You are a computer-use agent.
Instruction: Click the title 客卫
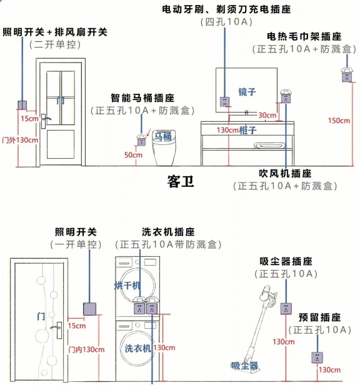[x=181, y=182]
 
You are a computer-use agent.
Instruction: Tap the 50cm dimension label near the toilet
[x=133, y=155]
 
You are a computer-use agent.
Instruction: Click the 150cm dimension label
[x=339, y=121]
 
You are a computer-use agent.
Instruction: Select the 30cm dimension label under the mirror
[x=267, y=115]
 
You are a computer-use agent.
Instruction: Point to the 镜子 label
[x=247, y=92]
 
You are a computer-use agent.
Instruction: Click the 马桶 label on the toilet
[x=162, y=136]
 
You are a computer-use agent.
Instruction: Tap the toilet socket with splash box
[x=141, y=140]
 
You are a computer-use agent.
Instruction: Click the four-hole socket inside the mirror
[x=225, y=102]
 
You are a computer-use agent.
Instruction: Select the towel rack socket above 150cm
[x=347, y=75]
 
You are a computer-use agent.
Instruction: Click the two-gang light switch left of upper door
[x=22, y=106]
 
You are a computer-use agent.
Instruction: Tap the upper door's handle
[x=45, y=121]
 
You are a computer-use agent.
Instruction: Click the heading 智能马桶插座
[x=142, y=98]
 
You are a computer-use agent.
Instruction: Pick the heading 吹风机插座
[x=285, y=174]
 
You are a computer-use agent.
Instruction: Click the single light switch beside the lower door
[x=89, y=309]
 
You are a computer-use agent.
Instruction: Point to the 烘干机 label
[x=127, y=286]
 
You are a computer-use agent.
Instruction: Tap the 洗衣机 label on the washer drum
[x=137, y=348]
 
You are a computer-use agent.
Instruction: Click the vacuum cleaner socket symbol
[x=286, y=309]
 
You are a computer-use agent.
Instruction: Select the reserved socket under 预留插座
[x=317, y=357]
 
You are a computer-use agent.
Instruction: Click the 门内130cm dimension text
[x=86, y=349]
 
